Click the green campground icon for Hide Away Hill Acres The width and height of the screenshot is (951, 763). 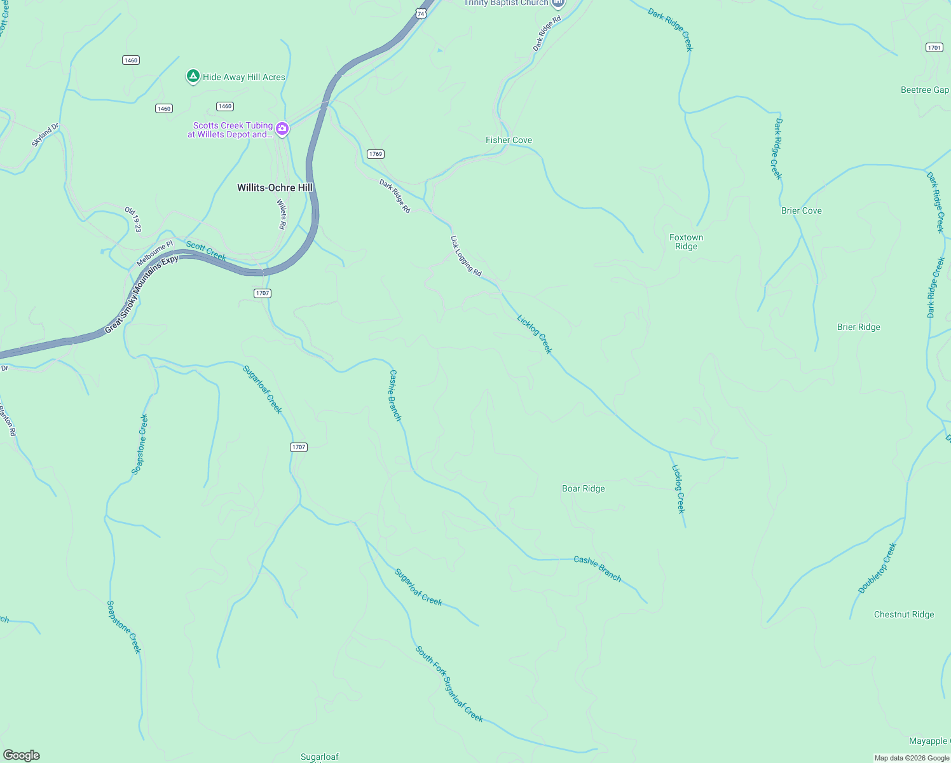point(193,76)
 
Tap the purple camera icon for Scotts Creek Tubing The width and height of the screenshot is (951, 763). point(282,129)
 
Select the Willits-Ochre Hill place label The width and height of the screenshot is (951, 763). point(275,188)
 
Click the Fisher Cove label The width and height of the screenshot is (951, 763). point(509,140)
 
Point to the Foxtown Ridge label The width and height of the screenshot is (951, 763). point(686,242)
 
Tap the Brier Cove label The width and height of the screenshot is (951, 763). point(801,210)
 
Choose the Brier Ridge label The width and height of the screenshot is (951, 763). point(858,327)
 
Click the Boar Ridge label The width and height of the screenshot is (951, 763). point(583,488)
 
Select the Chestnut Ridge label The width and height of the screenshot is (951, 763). point(903,614)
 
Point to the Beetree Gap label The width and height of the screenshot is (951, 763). point(924,90)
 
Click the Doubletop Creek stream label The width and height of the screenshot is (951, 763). point(877,568)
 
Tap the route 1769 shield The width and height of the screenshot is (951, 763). point(376,154)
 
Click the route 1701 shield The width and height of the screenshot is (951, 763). point(934,48)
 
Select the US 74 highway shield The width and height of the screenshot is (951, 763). point(420,13)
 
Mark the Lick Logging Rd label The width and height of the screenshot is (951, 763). point(466,256)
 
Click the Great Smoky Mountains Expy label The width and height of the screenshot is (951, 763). point(141,294)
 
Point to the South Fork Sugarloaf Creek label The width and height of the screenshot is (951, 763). point(449,684)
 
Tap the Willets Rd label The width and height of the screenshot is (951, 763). point(281,214)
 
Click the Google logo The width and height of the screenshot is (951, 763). point(22,755)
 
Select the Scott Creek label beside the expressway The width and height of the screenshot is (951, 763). point(206,251)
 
